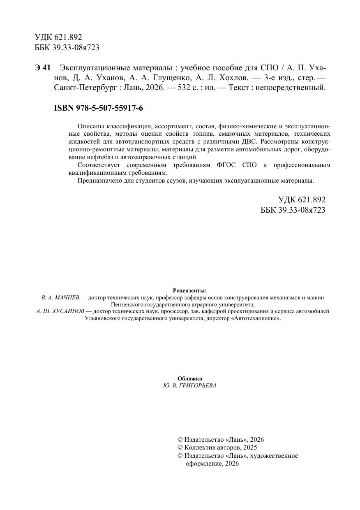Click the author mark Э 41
[x=42, y=67]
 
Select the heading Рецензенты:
[x=189, y=290]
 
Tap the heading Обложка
[x=189, y=378]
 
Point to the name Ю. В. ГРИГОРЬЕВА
[x=189, y=386]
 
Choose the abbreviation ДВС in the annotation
[x=248, y=141]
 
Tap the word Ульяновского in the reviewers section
[x=104, y=318]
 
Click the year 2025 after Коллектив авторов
[x=250, y=447]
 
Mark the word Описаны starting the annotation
[x=89, y=126]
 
